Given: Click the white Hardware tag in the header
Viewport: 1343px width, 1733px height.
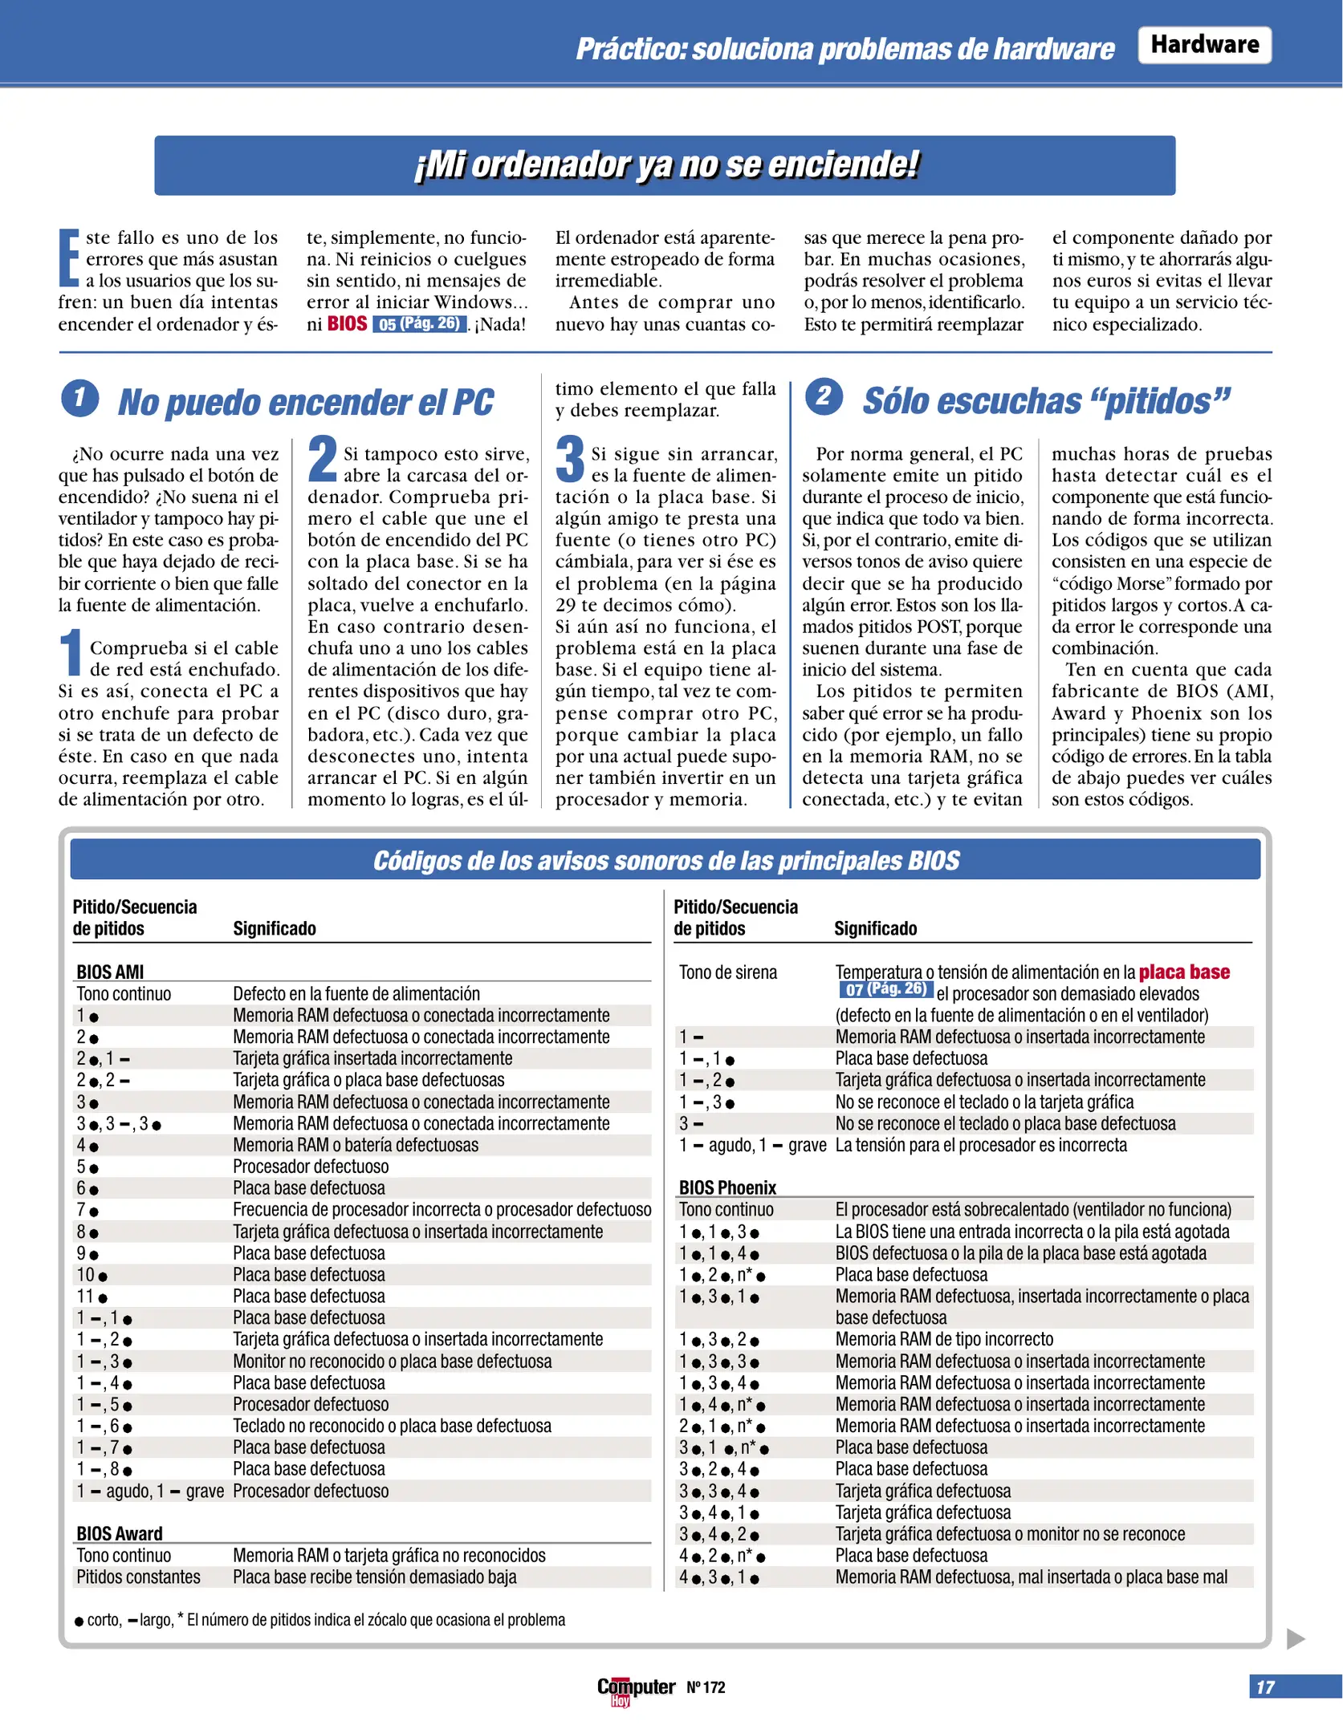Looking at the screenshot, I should click(1203, 44).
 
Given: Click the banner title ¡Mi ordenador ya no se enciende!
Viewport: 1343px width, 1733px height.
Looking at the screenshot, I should click(665, 164).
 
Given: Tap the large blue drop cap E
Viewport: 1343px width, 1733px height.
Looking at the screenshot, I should click(69, 258).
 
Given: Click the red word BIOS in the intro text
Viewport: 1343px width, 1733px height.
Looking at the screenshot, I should click(347, 324).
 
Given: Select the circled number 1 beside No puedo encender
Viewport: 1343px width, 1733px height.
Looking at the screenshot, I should click(79, 399).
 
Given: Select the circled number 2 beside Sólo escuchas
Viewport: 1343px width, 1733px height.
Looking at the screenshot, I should click(824, 396).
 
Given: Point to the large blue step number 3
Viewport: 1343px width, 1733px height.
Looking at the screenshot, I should click(570, 459).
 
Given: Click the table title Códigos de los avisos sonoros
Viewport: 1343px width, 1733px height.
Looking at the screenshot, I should click(665, 860).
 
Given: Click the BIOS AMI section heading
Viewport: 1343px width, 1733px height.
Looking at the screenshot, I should click(110, 972).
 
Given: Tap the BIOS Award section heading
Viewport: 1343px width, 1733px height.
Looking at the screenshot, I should click(119, 1533).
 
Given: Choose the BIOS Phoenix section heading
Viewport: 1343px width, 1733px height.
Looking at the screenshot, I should click(727, 1187).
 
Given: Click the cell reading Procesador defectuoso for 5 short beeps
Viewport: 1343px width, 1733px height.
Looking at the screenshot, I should click(311, 1167).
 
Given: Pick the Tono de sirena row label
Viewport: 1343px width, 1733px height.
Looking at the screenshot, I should click(727, 972).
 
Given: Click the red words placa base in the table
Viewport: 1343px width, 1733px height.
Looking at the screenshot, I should click(1184, 972).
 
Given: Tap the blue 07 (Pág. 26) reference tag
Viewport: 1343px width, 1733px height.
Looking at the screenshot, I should click(885, 990).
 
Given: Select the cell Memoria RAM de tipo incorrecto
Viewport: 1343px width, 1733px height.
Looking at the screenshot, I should click(944, 1339).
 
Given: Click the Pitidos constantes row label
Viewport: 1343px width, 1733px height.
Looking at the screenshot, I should click(138, 1577).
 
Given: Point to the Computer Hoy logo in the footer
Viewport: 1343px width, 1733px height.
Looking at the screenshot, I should click(635, 1688).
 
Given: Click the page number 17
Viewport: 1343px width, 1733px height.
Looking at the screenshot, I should click(1265, 1687).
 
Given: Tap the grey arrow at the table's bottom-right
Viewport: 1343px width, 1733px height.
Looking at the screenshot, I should click(1295, 1638).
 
